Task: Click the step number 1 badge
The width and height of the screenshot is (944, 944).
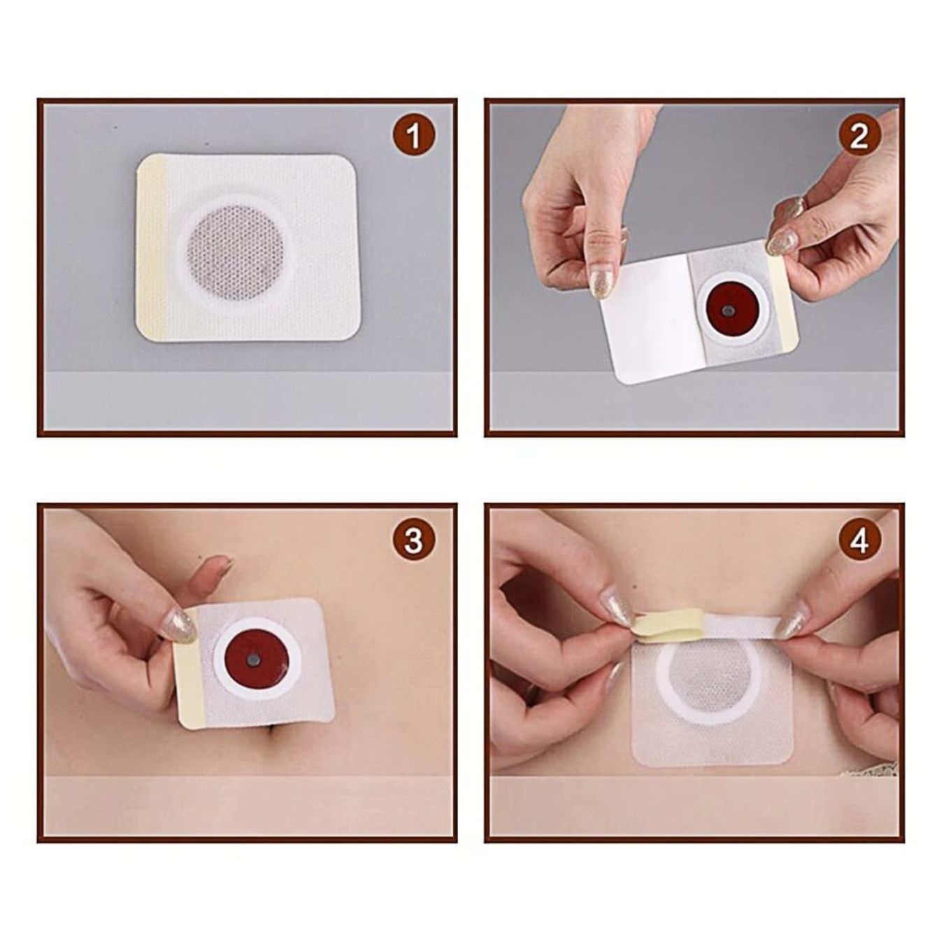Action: point(414,135)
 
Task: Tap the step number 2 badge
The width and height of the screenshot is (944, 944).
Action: point(859,135)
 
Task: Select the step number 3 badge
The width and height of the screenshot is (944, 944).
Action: point(413,541)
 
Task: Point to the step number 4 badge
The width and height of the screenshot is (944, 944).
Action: point(859,541)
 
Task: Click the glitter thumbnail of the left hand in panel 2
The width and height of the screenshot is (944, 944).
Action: point(601,281)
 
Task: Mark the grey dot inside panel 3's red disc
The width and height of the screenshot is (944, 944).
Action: point(252,661)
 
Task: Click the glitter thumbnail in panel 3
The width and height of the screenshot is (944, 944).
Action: point(180,625)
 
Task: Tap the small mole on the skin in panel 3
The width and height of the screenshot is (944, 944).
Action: point(201,557)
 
